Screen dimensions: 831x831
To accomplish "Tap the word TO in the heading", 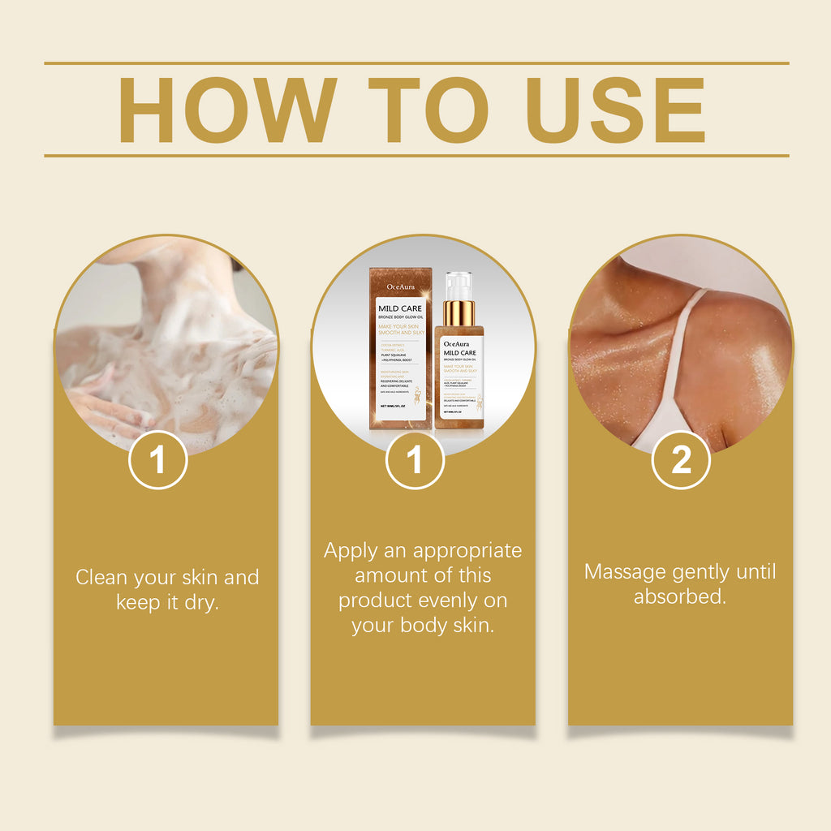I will coord(428,110).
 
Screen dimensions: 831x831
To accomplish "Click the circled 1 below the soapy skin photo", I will coord(157,460).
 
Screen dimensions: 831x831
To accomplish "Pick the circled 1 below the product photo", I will coord(415,460).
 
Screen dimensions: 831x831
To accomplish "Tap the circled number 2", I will coord(681,460).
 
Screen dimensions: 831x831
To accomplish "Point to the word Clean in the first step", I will coord(101,578).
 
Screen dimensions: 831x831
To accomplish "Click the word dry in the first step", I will coord(201,603).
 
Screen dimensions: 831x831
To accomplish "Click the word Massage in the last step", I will coord(625,572).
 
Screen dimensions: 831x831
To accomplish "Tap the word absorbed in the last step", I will coord(678,597).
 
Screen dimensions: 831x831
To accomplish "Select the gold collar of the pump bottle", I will coord(459,313).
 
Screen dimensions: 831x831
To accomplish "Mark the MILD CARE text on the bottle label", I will coord(459,353).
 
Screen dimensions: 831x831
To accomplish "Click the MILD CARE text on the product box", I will coord(400,308).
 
